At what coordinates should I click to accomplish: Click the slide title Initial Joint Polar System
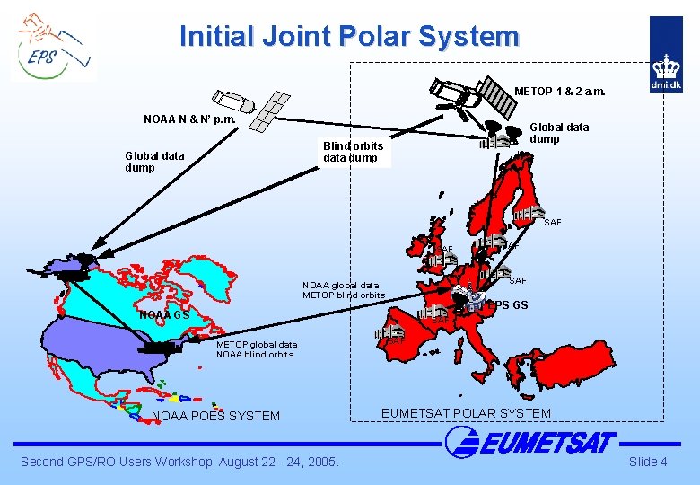point(349,36)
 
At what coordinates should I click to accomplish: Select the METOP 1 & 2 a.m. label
point(559,91)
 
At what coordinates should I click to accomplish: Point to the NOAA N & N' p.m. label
point(189,119)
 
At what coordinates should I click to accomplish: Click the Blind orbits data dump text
point(353,152)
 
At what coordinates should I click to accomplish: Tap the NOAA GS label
point(164,315)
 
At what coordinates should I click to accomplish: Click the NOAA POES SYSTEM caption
point(216,416)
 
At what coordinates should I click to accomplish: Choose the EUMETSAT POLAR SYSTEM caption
point(466,413)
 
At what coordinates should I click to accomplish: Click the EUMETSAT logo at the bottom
point(529,442)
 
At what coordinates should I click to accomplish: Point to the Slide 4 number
point(647,462)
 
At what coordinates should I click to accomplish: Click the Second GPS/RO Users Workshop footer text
point(180,462)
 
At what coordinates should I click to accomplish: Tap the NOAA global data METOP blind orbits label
point(344,290)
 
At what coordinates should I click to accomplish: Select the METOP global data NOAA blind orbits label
point(257,348)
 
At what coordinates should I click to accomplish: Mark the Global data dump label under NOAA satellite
point(155,162)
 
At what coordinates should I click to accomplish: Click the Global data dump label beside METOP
point(559,133)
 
